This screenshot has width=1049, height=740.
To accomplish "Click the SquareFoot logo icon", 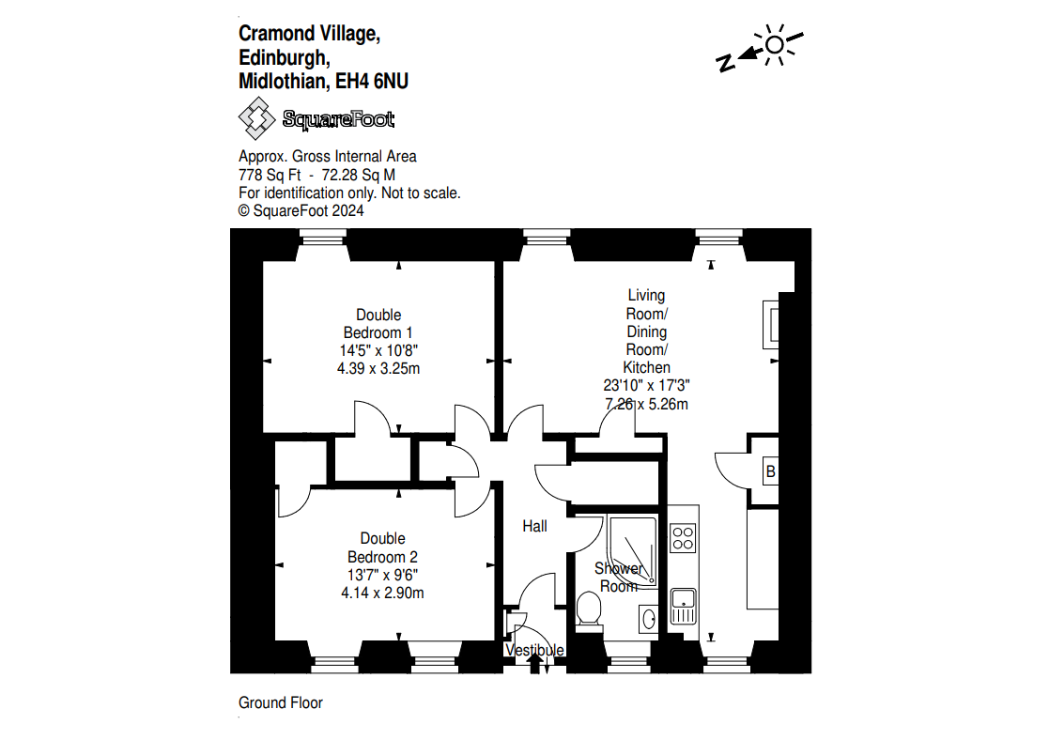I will [256, 119].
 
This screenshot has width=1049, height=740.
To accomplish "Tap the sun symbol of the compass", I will [775, 45].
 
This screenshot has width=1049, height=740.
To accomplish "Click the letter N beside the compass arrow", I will [725, 63].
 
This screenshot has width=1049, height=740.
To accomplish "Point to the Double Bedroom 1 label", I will [378, 323].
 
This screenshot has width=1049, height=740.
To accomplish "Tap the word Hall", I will [534, 526].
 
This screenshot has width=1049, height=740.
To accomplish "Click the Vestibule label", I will [535, 650].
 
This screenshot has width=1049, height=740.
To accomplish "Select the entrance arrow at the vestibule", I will [535, 663].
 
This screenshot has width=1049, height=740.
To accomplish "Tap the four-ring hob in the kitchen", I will [683, 538].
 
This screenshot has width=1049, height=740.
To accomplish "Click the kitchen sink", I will [683, 605].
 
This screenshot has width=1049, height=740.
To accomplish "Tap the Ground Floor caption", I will [281, 702].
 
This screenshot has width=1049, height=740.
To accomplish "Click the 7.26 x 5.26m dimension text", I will [647, 404].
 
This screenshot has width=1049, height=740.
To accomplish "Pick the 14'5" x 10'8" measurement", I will [378, 350].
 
